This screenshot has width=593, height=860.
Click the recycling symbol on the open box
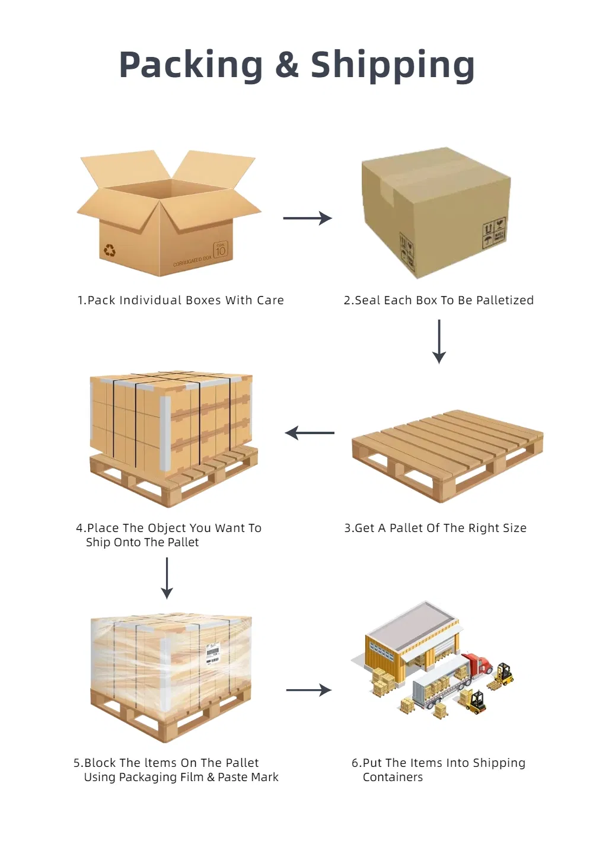(x=110, y=250)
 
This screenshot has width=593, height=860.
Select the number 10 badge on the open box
(x=221, y=250)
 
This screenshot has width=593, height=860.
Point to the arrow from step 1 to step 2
(x=307, y=218)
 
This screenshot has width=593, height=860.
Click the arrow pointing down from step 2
(x=439, y=342)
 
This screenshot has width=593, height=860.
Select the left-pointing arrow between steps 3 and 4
(x=310, y=433)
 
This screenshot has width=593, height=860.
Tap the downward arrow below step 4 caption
(x=167, y=578)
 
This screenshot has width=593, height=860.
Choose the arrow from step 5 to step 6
(x=308, y=690)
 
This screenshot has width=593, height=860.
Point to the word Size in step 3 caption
(x=514, y=528)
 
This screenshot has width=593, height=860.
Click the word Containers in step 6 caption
(x=393, y=777)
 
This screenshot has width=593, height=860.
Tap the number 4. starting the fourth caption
(x=81, y=528)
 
